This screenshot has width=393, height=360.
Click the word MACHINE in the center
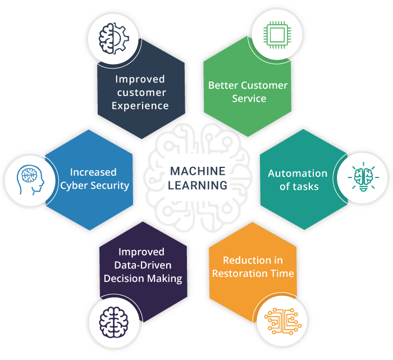197,171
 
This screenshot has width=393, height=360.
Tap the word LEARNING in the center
197,185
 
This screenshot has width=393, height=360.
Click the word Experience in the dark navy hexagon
140,105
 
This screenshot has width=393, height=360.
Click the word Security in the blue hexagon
111,185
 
